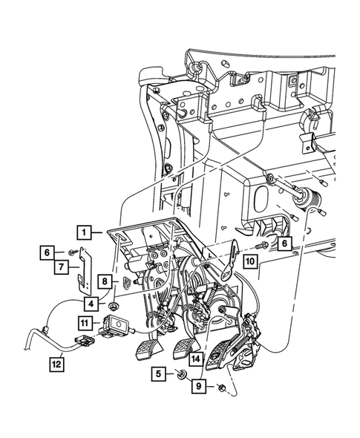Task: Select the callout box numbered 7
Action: (x=61, y=267)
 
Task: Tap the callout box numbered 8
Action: (x=105, y=281)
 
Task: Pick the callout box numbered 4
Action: (x=91, y=304)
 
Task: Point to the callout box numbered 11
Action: (x=85, y=323)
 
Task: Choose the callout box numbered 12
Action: (x=56, y=365)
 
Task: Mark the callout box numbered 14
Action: (x=195, y=359)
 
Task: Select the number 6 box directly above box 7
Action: (x=47, y=252)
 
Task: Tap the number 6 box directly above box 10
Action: (x=284, y=243)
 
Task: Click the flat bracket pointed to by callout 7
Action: (x=85, y=271)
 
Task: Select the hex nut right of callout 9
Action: (x=222, y=388)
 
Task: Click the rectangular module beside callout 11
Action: (x=117, y=325)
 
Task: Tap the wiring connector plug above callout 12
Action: (x=85, y=341)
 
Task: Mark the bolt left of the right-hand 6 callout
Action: (x=262, y=246)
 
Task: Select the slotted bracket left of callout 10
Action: (x=230, y=259)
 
